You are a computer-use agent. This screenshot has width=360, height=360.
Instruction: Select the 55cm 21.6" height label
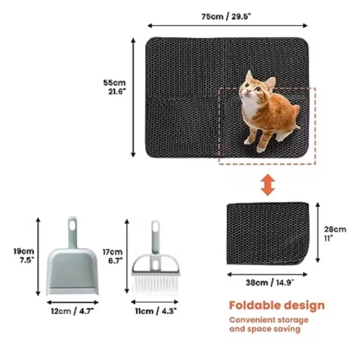pyautogui.click(x=113, y=88)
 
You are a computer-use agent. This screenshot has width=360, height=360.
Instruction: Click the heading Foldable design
pyautogui.click(x=276, y=305)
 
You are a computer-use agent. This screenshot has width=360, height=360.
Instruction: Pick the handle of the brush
pyautogui.click(x=156, y=235)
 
